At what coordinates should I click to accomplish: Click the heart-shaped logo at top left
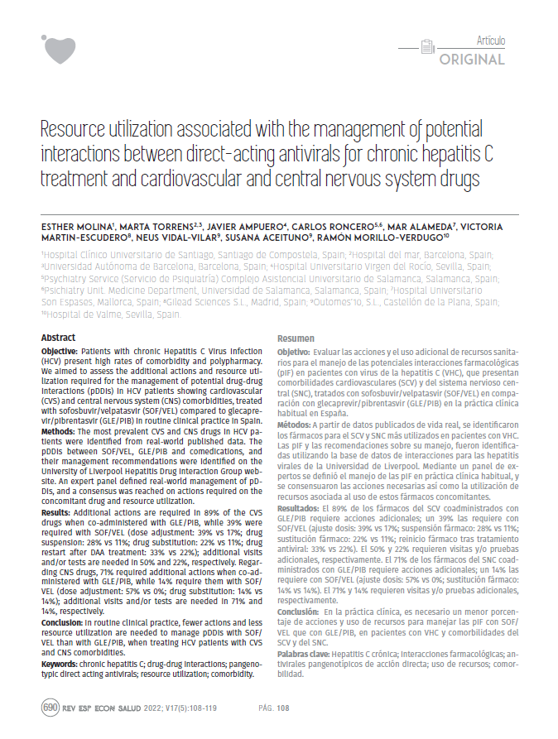(x=59, y=49)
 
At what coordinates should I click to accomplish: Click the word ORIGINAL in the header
(x=471, y=60)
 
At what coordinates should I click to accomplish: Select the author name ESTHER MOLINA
(x=70, y=226)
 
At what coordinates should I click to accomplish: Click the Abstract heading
(x=58, y=338)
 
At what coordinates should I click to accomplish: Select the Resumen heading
(x=295, y=339)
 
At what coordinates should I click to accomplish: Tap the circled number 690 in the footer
(x=50, y=708)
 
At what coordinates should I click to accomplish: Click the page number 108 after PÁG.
(x=282, y=708)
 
